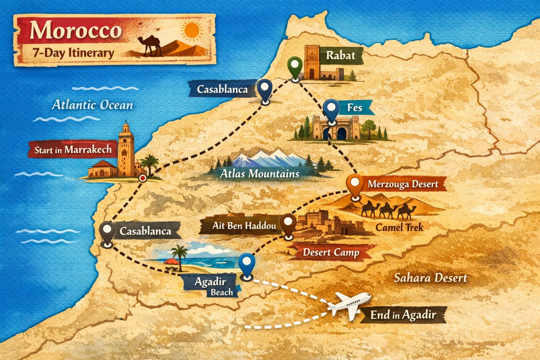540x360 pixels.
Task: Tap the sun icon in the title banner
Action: tap(192, 30)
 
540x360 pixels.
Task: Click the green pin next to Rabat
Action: tap(295, 66)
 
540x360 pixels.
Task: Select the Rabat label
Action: tap(340, 56)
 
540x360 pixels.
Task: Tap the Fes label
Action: tap(354, 107)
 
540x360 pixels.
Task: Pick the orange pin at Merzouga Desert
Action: tap(355, 185)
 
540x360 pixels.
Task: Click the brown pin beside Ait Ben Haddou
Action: tap(288, 224)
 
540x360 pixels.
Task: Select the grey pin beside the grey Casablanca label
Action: tap(107, 231)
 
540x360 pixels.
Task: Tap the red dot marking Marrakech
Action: tap(142, 178)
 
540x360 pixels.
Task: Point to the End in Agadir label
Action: tap(403, 315)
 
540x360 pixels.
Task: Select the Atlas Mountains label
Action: tap(259, 174)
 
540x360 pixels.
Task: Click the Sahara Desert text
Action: tap(430, 278)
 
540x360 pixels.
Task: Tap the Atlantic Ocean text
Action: tap(92, 105)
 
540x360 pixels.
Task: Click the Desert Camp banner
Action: tap(331, 252)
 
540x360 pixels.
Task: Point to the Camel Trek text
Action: tap(399, 227)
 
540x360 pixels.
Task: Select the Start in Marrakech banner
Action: tap(73, 150)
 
